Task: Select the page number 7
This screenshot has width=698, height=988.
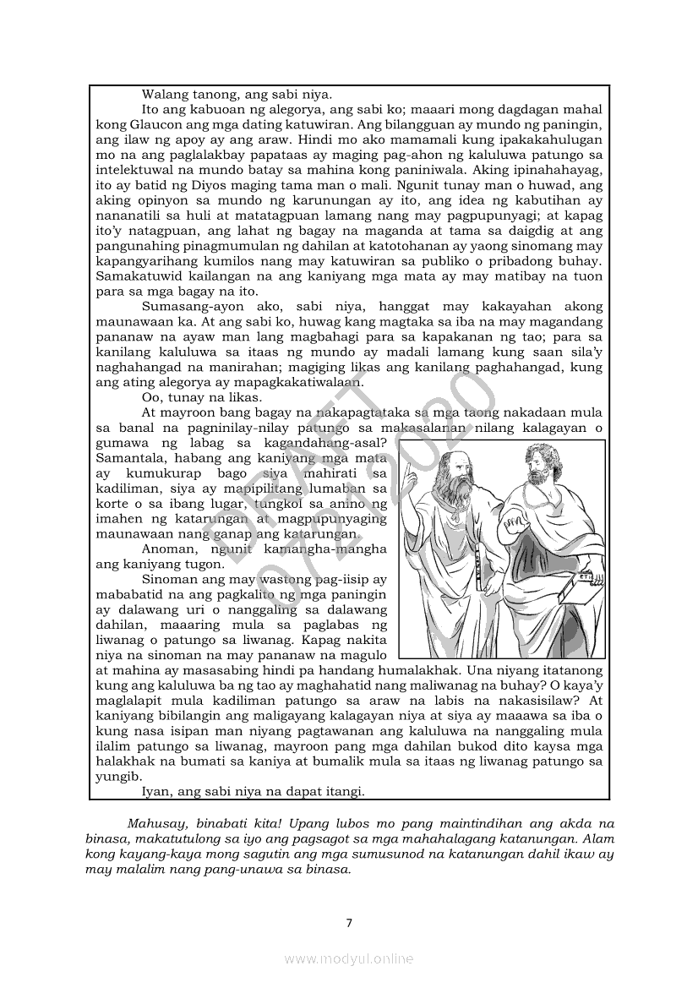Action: click(349, 922)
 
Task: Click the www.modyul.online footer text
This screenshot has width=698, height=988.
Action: click(349, 958)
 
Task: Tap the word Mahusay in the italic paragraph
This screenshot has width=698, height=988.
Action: click(155, 822)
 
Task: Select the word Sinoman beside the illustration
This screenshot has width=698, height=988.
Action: click(172, 580)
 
